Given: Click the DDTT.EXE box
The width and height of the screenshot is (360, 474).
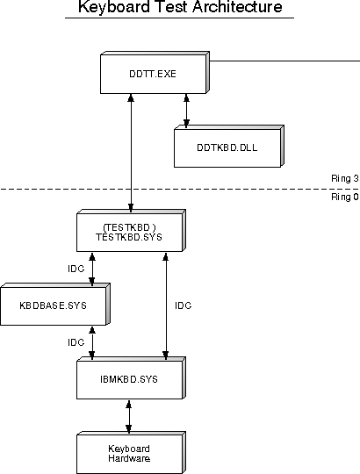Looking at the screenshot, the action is click(x=155, y=73).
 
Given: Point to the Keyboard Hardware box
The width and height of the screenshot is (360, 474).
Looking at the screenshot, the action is click(x=131, y=453).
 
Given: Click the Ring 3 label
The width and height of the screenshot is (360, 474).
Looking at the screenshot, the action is click(x=345, y=179).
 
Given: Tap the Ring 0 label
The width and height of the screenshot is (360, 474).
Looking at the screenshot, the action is click(x=345, y=197).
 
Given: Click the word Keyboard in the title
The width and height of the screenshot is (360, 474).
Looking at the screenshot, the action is click(x=114, y=7).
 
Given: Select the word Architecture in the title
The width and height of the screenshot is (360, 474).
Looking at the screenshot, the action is click(x=237, y=7).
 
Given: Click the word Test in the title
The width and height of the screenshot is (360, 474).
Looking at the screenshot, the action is click(x=171, y=7).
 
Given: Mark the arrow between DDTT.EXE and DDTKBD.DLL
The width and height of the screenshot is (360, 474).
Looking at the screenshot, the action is click(x=186, y=111).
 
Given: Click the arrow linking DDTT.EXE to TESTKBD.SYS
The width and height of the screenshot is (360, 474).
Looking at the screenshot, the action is click(x=131, y=153).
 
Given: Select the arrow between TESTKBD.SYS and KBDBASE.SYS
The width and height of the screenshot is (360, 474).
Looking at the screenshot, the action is click(x=92, y=269).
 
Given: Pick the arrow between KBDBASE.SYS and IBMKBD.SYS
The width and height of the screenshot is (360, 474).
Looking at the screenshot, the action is click(x=92, y=343).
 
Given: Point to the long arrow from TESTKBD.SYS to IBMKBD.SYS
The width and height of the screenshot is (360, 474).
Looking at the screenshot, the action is click(x=166, y=306).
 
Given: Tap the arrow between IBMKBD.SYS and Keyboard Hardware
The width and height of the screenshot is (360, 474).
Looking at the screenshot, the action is click(x=129, y=417).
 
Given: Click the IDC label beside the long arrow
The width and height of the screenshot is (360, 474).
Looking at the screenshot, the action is click(x=184, y=306).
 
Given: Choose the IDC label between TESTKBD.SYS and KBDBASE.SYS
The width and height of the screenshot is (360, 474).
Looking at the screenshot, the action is click(x=76, y=269).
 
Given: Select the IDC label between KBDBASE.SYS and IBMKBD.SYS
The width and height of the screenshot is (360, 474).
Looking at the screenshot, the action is click(x=76, y=342).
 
